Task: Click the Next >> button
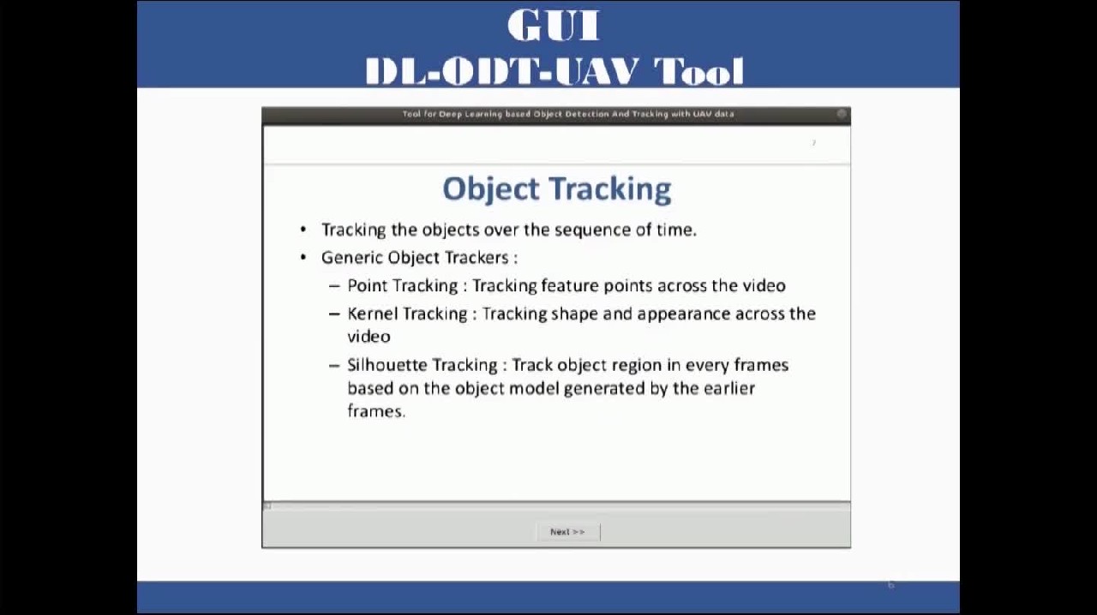pos(568,532)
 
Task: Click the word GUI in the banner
pos(554,25)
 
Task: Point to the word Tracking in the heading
pos(609,189)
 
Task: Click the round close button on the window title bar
pos(842,114)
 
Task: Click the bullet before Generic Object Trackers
pos(303,257)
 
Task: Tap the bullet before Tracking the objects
pos(303,230)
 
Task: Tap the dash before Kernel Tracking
pos(334,313)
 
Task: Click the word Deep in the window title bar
pos(450,114)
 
